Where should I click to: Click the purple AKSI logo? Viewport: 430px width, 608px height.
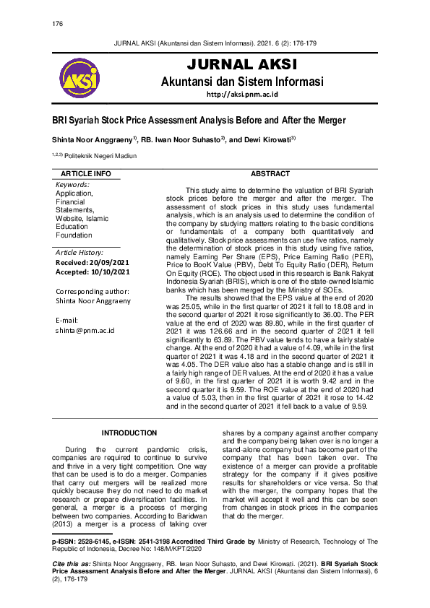(x=80, y=79)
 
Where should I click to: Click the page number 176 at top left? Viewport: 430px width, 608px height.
(x=58, y=24)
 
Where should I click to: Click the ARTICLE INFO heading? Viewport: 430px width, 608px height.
(x=86, y=174)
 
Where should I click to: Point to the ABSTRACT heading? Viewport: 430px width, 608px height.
(x=270, y=174)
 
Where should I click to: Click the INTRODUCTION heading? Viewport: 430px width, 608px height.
(x=129, y=433)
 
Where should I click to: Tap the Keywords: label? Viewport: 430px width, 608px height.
(x=73, y=185)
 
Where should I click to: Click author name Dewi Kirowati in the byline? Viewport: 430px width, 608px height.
(x=265, y=139)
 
